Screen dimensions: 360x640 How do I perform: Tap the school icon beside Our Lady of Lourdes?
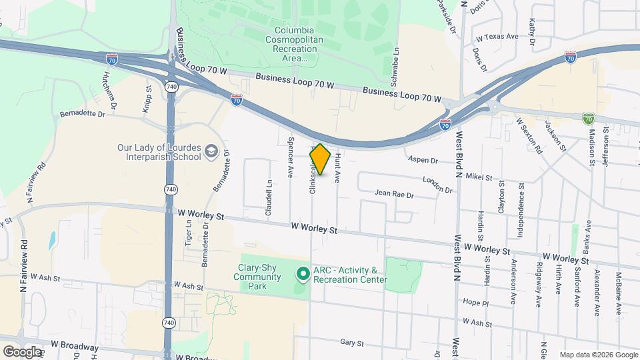(211, 151)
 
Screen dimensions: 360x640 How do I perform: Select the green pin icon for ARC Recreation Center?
(302, 274)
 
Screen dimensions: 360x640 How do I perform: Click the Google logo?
(22, 351)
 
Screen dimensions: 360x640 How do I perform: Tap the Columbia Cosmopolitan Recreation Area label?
(300, 44)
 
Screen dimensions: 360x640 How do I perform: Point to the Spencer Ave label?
(290, 157)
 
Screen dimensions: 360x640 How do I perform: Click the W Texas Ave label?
(495, 37)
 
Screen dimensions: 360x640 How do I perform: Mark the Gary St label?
(351, 343)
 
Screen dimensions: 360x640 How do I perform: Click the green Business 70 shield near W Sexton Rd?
(588, 119)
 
